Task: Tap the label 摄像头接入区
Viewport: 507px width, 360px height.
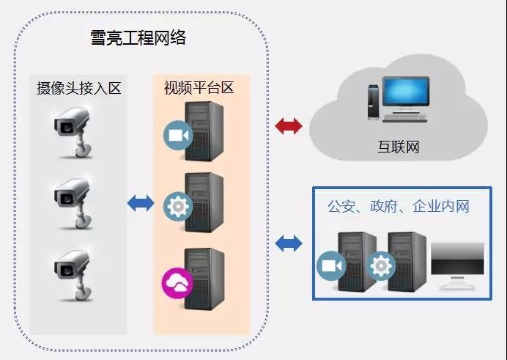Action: pos(78,89)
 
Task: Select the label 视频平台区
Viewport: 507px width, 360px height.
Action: pos(199,88)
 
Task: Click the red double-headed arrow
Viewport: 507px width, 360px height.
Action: pos(289,127)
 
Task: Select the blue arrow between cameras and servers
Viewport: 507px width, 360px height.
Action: pos(141,202)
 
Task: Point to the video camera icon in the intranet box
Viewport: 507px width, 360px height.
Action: pos(331,265)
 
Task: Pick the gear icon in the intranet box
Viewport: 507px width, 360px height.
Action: pos(381,265)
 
